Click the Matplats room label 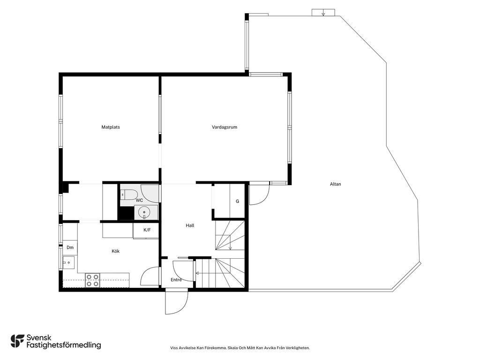[111, 127]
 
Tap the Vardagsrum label [225, 127]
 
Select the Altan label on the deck [336, 184]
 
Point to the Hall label [190, 225]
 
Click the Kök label [115, 251]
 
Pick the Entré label [176, 279]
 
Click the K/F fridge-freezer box [146, 230]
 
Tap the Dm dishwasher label [70, 247]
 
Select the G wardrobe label [237, 202]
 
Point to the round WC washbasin [144, 212]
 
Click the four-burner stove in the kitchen [92, 280]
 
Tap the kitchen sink [68, 262]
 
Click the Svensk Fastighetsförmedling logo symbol [17, 341]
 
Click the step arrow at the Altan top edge [323, 14]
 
